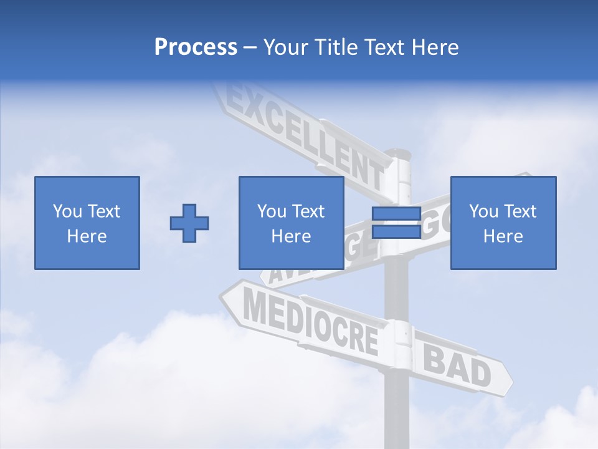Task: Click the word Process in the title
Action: pos(196,47)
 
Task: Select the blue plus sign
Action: pos(189,223)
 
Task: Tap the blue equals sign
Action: pos(396,223)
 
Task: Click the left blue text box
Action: pos(87,223)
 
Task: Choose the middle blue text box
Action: pos(292,223)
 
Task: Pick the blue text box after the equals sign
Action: pos(503,223)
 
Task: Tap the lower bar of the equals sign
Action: pos(396,231)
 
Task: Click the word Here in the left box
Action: pos(87,236)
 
